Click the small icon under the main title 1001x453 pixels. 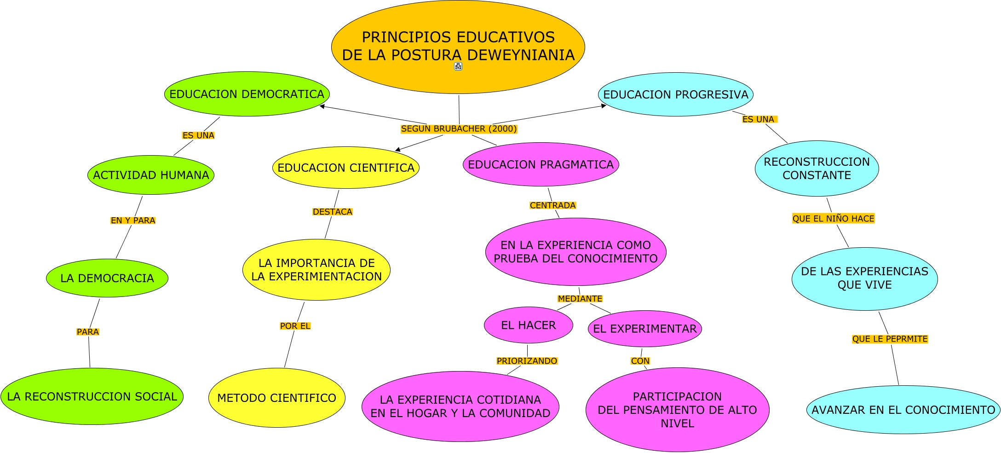click(x=458, y=66)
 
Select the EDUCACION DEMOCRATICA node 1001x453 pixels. click(x=247, y=94)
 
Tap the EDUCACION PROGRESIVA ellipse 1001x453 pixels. click(x=675, y=94)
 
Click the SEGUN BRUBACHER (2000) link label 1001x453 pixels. click(x=459, y=129)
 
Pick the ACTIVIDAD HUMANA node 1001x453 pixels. click(x=151, y=175)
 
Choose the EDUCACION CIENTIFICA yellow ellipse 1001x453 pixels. click(x=346, y=168)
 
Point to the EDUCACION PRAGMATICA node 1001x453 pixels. click(x=541, y=164)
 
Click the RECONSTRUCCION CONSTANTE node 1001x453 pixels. click(x=817, y=168)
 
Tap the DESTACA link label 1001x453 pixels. click(x=332, y=212)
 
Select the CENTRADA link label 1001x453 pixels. click(x=552, y=205)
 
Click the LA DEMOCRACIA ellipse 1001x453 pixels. click(x=107, y=278)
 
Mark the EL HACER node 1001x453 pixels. click(x=528, y=325)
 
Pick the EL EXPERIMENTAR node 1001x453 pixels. click(x=644, y=329)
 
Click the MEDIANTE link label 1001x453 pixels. click(x=580, y=299)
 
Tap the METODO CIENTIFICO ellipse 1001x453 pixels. click(x=276, y=398)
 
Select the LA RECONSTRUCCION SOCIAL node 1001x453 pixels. click(x=92, y=396)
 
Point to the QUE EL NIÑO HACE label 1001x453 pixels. click(x=833, y=219)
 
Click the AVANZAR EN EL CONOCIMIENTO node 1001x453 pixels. click(x=903, y=410)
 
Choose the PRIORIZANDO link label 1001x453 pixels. click(x=527, y=361)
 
